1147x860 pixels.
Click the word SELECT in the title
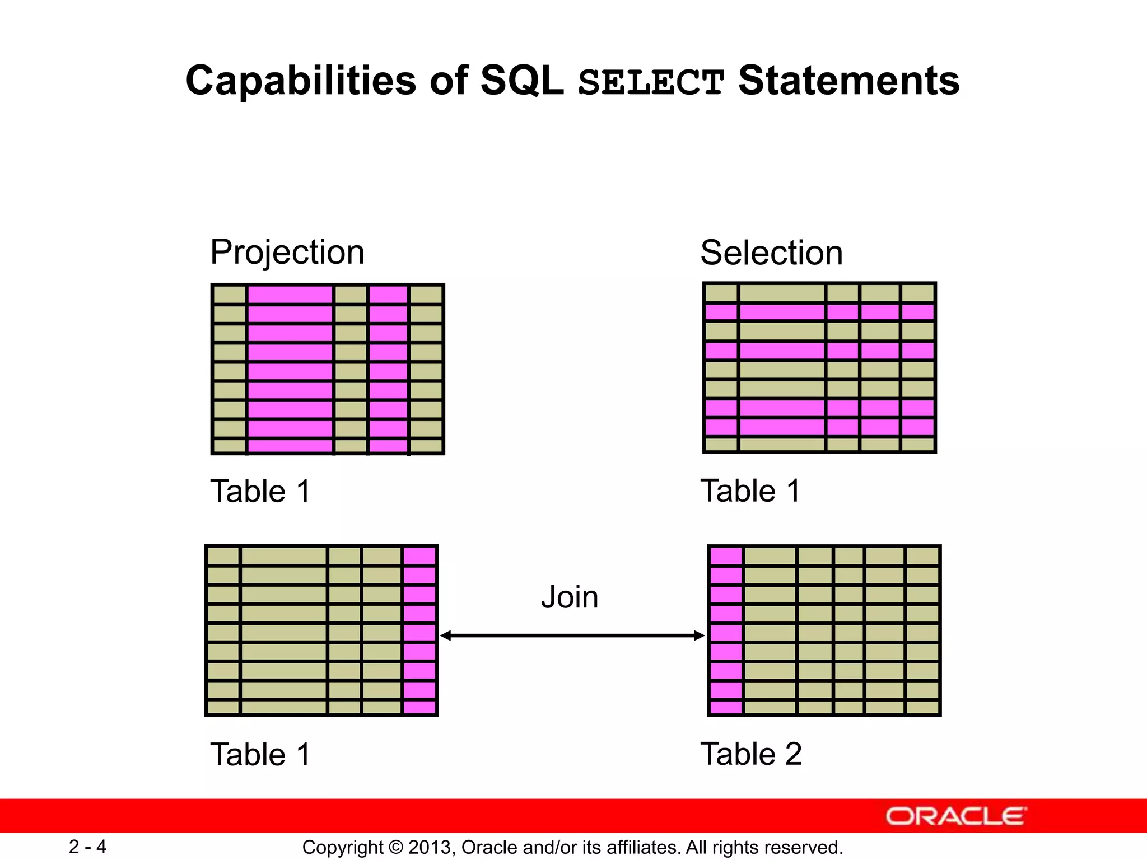[x=651, y=83]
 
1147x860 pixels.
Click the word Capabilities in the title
[x=301, y=81]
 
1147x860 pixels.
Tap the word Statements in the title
[x=848, y=81]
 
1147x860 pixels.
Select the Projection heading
[x=287, y=252]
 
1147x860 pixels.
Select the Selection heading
[x=771, y=253]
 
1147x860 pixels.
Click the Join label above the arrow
[x=570, y=597]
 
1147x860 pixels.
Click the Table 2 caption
[x=750, y=754]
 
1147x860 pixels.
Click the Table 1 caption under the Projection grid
[x=260, y=492]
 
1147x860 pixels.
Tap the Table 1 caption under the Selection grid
[x=750, y=491]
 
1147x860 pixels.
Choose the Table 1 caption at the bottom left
[x=260, y=754]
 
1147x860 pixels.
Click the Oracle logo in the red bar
[x=956, y=816]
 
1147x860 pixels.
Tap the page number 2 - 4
[x=87, y=847]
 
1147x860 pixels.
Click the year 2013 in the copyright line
[x=430, y=848]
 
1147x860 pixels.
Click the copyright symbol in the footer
[x=395, y=848]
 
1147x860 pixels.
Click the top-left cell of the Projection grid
[x=230, y=295]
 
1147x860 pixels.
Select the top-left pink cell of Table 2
[x=726, y=556]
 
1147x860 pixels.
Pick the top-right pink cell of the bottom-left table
[x=419, y=555]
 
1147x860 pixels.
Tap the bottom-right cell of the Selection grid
[x=918, y=445]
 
